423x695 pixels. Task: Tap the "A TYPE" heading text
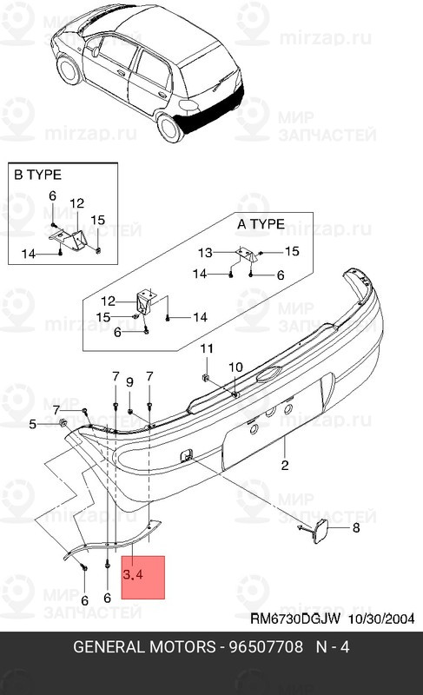[x=261, y=224]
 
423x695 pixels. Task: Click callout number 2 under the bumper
[x=284, y=466]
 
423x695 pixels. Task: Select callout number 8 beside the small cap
[x=354, y=527]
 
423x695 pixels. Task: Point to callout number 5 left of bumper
[x=33, y=424]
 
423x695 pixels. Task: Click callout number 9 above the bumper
[x=129, y=382]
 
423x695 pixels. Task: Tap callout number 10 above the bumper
[x=235, y=367]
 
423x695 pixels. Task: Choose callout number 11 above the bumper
[x=206, y=349]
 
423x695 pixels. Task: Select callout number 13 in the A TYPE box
[x=205, y=253]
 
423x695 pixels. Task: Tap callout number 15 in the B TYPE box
[x=97, y=219]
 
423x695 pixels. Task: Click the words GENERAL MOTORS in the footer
[x=143, y=647]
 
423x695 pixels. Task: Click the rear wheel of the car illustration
[x=169, y=127]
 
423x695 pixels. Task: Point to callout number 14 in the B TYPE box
[x=29, y=255]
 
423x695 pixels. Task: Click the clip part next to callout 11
[x=203, y=376]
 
